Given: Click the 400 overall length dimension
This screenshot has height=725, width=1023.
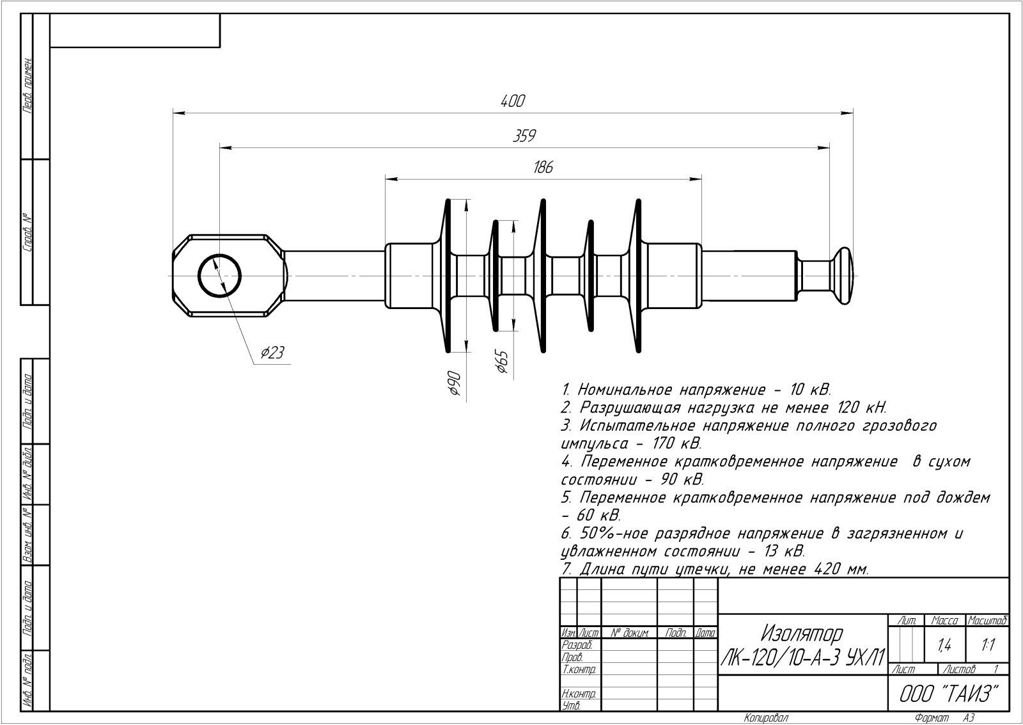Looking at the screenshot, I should click(x=512, y=101).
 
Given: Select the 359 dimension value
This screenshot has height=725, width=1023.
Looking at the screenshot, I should click(x=524, y=136).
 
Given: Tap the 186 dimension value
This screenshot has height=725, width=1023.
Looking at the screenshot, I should click(x=542, y=168).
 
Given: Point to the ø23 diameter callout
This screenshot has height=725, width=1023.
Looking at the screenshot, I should click(x=272, y=353).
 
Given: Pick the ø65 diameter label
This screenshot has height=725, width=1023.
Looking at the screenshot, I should click(x=501, y=362).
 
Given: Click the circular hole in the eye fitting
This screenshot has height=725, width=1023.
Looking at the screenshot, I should click(x=219, y=276).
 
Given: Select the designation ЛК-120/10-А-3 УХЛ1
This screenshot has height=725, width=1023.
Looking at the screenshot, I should click(x=803, y=657).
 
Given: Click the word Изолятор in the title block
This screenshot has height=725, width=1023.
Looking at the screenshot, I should click(x=802, y=633).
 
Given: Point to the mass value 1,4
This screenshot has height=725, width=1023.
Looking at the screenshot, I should click(x=944, y=646).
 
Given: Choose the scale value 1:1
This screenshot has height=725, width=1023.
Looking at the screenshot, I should click(x=988, y=646).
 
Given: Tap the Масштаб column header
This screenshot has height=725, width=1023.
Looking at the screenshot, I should click(x=988, y=621).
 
